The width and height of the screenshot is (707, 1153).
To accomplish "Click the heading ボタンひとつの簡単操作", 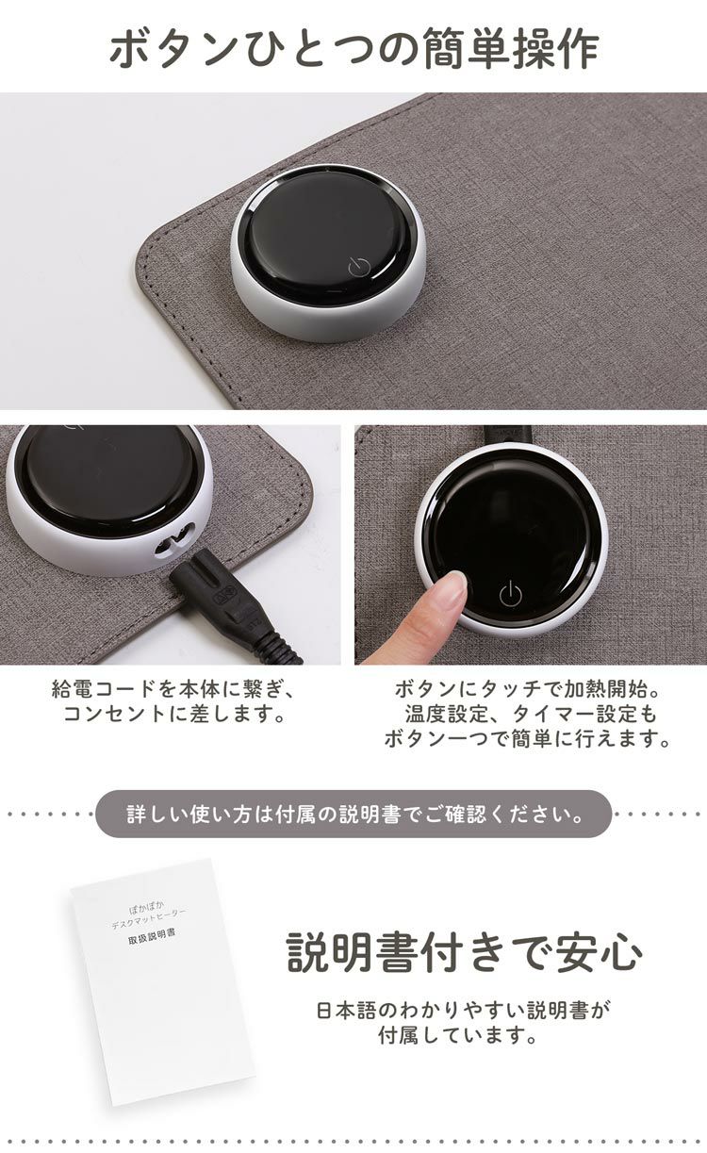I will point(353,48).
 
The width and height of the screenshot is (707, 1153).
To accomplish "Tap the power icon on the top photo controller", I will point(357,267).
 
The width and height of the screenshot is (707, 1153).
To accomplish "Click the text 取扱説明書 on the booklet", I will point(151,938).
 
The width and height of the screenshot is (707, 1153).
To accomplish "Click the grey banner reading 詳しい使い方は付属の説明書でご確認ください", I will point(353,814).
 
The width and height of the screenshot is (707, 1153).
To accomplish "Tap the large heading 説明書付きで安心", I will point(464,952).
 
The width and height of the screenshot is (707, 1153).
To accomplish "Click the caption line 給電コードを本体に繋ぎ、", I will point(174,688).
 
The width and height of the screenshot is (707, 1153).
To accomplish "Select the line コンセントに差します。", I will point(174,714).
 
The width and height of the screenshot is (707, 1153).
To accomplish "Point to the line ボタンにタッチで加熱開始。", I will point(528,688).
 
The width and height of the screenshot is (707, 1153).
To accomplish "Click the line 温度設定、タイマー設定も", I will point(528,714).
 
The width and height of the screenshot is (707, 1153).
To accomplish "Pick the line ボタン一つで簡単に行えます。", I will point(528,739).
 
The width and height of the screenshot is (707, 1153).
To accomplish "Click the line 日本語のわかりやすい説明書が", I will point(464,1010).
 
